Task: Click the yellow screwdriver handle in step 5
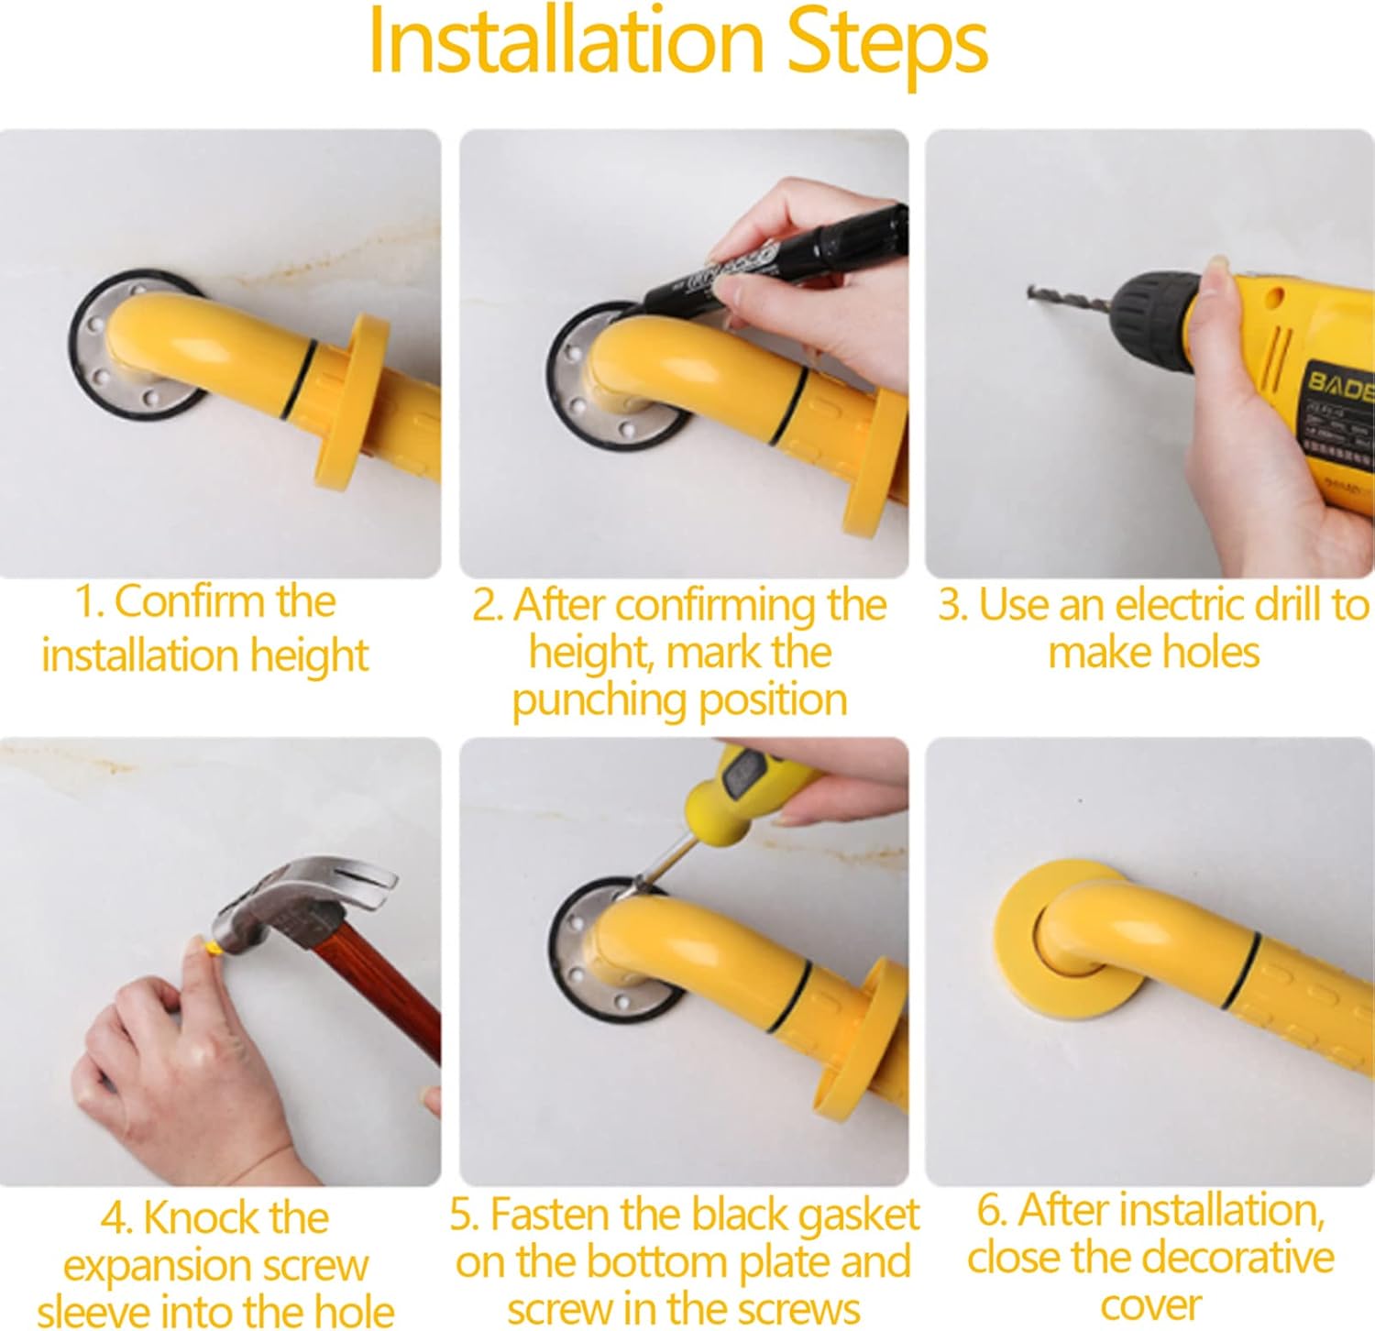733,788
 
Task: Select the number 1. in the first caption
89,603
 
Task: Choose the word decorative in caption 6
1227,1257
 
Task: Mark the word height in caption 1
309,656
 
